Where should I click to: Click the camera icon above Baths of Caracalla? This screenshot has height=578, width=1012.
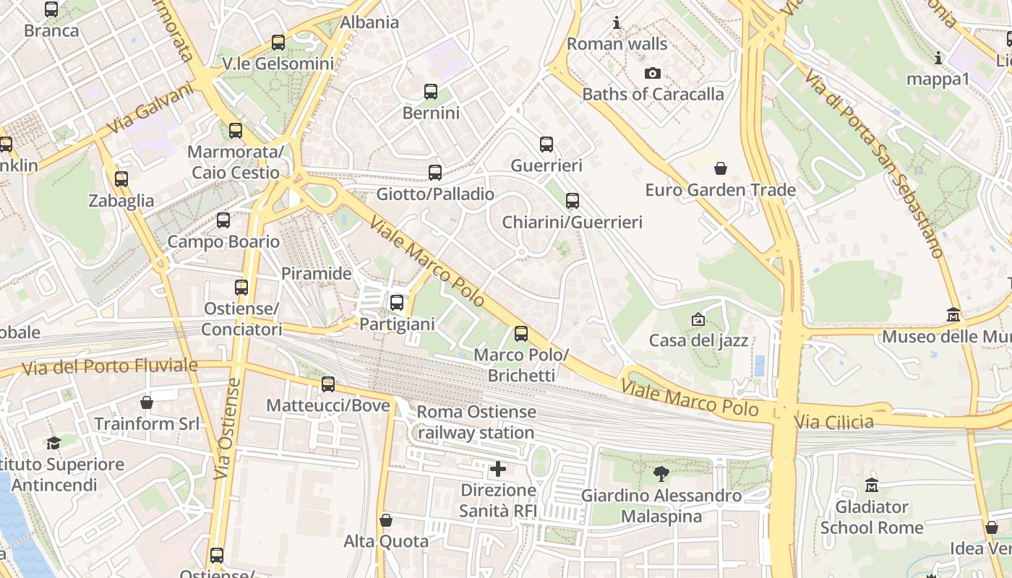[652, 73]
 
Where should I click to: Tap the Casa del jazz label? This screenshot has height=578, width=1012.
[698, 340]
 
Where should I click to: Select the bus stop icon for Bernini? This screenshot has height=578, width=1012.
[431, 92]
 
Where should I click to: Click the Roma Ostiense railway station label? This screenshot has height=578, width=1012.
[476, 423]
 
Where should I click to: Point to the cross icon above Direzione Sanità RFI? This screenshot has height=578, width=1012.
[498, 469]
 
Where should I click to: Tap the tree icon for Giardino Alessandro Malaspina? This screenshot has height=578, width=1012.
[661, 474]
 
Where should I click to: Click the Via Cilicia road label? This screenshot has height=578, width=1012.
[833, 421]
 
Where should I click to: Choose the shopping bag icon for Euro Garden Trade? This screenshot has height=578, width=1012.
[721, 169]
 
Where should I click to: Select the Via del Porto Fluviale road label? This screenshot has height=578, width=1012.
[109, 367]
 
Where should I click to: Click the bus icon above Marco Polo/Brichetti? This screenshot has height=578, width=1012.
[521, 334]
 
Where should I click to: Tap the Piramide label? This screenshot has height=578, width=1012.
[316, 274]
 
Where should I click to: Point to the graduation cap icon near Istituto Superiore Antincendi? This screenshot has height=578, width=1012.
[53, 442]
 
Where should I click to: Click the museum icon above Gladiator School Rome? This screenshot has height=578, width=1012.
[872, 485]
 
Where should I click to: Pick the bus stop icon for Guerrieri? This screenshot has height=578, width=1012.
[546, 144]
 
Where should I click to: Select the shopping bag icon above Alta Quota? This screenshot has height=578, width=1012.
[386, 520]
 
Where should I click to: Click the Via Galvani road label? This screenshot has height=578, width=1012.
[150, 109]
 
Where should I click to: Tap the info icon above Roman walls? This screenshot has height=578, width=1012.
[617, 22]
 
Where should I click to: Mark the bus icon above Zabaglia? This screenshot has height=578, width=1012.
[121, 178]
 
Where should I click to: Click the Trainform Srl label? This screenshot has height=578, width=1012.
[147, 423]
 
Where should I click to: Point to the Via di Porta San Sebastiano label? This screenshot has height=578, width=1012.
[875, 164]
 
